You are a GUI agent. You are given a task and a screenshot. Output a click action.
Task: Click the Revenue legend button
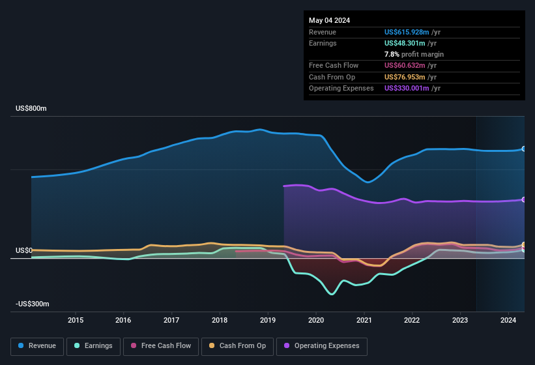pyautogui.click(x=38, y=346)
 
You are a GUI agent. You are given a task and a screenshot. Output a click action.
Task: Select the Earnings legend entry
pyautogui.click(x=93, y=346)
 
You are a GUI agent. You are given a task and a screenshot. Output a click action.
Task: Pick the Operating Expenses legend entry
pyautogui.click(x=322, y=346)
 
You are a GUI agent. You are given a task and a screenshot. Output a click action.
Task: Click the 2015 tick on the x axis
pyautogui.click(x=76, y=320)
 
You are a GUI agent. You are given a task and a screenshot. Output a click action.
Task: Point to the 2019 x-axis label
pyautogui.click(x=268, y=320)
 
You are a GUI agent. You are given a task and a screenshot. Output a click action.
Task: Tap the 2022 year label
pyautogui.click(x=412, y=320)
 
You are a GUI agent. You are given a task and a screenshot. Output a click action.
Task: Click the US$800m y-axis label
pyautogui.click(x=31, y=108)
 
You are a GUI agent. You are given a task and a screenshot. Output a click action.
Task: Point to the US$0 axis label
pyautogui.click(x=24, y=251)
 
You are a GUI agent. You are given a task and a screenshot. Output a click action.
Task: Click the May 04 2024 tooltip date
pyautogui.click(x=329, y=20)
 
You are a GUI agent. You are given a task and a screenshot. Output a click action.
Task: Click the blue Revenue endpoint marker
pyautogui.click(x=524, y=149)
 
